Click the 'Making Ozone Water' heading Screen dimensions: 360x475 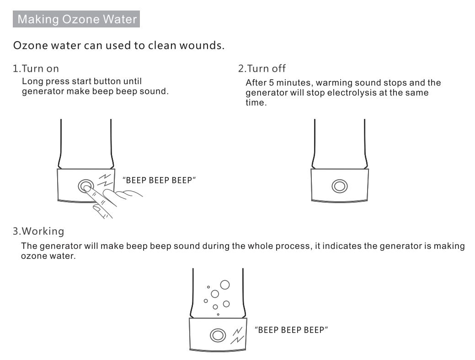click(x=76, y=20)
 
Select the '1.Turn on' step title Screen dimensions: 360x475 click(x=36, y=69)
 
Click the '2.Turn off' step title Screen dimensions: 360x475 click(x=262, y=69)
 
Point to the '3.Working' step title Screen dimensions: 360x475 click(x=38, y=231)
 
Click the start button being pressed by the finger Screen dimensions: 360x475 click(x=85, y=186)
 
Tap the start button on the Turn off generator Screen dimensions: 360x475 click(x=339, y=186)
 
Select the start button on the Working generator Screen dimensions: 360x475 click(x=218, y=335)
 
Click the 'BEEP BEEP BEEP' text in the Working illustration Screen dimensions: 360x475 click(x=291, y=330)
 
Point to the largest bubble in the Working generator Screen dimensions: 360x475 click(x=225, y=285)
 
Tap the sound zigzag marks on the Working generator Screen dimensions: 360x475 click(x=238, y=335)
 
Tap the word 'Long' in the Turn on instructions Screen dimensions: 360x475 click(x=31, y=81)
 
